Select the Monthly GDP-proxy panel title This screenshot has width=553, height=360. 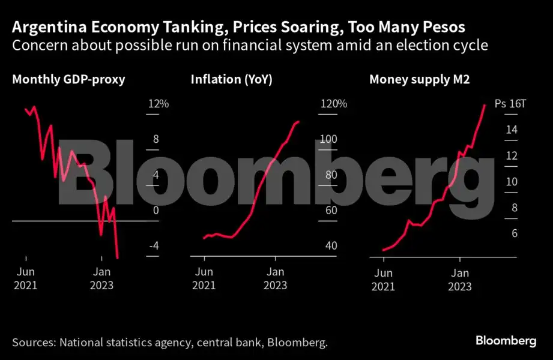(x=68, y=79)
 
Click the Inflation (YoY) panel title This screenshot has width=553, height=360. (x=231, y=79)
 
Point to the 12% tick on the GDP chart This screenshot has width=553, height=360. (x=159, y=104)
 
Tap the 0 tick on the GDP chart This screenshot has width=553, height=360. (x=156, y=211)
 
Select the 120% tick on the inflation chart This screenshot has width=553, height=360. (x=334, y=104)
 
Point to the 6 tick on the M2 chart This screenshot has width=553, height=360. (x=514, y=233)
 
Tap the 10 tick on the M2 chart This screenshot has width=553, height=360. (x=512, y=182)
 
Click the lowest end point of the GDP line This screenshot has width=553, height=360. (x=118, y=257)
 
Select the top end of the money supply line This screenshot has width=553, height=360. (x=485, y=105)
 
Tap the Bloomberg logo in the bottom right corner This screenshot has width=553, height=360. (x=506, y=341)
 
